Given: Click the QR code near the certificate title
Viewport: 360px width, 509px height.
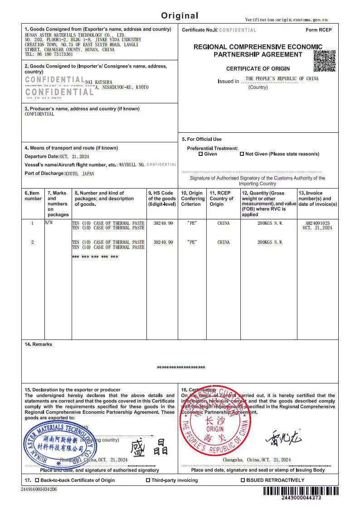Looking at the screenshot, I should pos(325,61).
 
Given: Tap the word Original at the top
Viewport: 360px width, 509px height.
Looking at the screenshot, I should pos(180,16).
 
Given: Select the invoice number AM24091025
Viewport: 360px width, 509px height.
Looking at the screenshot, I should pos(318,223).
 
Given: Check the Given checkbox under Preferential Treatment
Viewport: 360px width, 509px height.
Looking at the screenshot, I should pos(201,154).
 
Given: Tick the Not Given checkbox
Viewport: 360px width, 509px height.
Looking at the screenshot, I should pos(242,154).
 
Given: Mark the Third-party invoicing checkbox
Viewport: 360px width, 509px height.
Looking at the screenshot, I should pos(148,480).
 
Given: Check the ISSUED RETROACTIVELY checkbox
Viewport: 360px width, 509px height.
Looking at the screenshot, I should pos(243,480).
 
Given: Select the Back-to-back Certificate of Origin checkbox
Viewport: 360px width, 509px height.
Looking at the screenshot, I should pos(37,480).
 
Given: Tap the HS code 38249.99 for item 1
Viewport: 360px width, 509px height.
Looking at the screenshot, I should pos(163,223).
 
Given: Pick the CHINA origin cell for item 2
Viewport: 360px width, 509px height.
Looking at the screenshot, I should pos(224,242).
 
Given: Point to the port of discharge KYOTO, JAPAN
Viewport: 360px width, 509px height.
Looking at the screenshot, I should pos(79,174).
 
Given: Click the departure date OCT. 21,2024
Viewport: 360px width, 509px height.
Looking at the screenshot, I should pos(74,156).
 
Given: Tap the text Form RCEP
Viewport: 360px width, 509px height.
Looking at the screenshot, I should pos(319,30).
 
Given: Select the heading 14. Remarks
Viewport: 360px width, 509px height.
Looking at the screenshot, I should pos(39,344).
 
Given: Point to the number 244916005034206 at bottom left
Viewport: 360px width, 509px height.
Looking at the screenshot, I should pos(39,489).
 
